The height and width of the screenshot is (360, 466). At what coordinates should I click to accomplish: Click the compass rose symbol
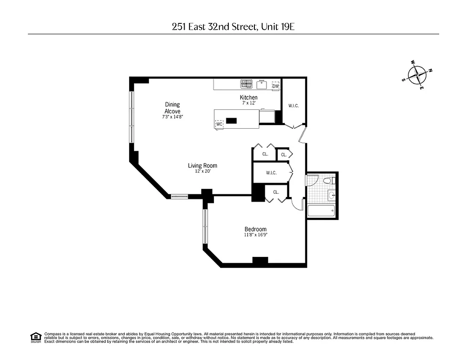tap(418, 75)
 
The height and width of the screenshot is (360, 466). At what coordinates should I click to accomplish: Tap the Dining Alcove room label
tap(172, 108)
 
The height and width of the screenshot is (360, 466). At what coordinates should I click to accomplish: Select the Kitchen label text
tap(249, 98)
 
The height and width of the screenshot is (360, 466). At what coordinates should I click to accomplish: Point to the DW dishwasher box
tap(276, 85)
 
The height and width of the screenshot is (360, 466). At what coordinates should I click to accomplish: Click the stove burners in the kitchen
tap(246, 84)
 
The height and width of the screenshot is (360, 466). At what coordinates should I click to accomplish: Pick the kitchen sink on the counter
tap(262, 84)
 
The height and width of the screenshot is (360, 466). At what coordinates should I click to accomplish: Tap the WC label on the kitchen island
tap(219, 124)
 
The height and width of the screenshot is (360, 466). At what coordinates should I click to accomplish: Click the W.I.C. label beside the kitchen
tap(294, 106)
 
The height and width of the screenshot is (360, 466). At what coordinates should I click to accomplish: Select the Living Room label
tap(202, 166)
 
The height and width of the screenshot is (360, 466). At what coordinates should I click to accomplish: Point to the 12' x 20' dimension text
tap(202, 171)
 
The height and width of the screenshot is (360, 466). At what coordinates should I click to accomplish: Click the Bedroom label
tap(255, 229)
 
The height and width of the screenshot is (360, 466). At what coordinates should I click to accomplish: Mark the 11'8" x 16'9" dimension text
tap(255, 235)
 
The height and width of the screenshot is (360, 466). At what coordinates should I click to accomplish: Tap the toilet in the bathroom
tap(329, 181)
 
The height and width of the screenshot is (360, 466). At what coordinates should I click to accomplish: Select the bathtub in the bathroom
tap(321, 211)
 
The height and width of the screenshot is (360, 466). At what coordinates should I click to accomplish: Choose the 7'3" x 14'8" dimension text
tap(172, 117)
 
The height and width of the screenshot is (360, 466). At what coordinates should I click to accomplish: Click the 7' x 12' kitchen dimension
tap(249, 103)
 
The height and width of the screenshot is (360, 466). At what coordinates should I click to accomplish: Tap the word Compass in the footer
tap(52, 334)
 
